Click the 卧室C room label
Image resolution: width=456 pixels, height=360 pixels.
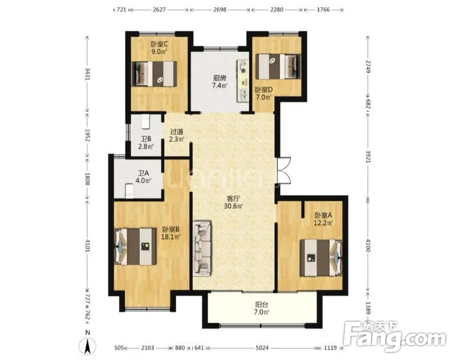(x=159, y=45)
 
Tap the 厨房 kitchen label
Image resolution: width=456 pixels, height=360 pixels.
(x=219, y=78)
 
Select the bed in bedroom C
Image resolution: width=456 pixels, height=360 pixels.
(x=154, y=74)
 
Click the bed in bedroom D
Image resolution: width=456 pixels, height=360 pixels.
(x=278, y=66)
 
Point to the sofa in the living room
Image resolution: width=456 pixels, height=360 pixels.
(x=202, y=248)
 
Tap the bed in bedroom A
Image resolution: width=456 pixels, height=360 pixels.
(x=321, y=257)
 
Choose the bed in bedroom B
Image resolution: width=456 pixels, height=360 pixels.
(x=136, y=246)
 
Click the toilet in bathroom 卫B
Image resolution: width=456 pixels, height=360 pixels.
(x=145, y=122)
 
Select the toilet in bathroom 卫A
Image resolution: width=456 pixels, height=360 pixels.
(x=129, y=191)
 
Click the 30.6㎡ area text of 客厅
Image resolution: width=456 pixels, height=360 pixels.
(x=233, y=207)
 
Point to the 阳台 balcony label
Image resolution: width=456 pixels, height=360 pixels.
(x=262, y=305)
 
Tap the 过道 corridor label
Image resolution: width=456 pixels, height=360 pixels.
(x=177, y=132)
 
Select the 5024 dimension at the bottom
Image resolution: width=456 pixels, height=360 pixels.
(x=262, y=348)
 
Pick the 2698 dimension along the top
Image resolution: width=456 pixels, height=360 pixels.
(x=220, y=10)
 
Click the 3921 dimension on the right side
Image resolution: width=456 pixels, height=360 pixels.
(x=368, y=157)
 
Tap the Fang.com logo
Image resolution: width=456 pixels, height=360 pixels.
(x=394, y=336)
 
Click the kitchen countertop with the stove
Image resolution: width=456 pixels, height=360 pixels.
(x=243, y=80)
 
